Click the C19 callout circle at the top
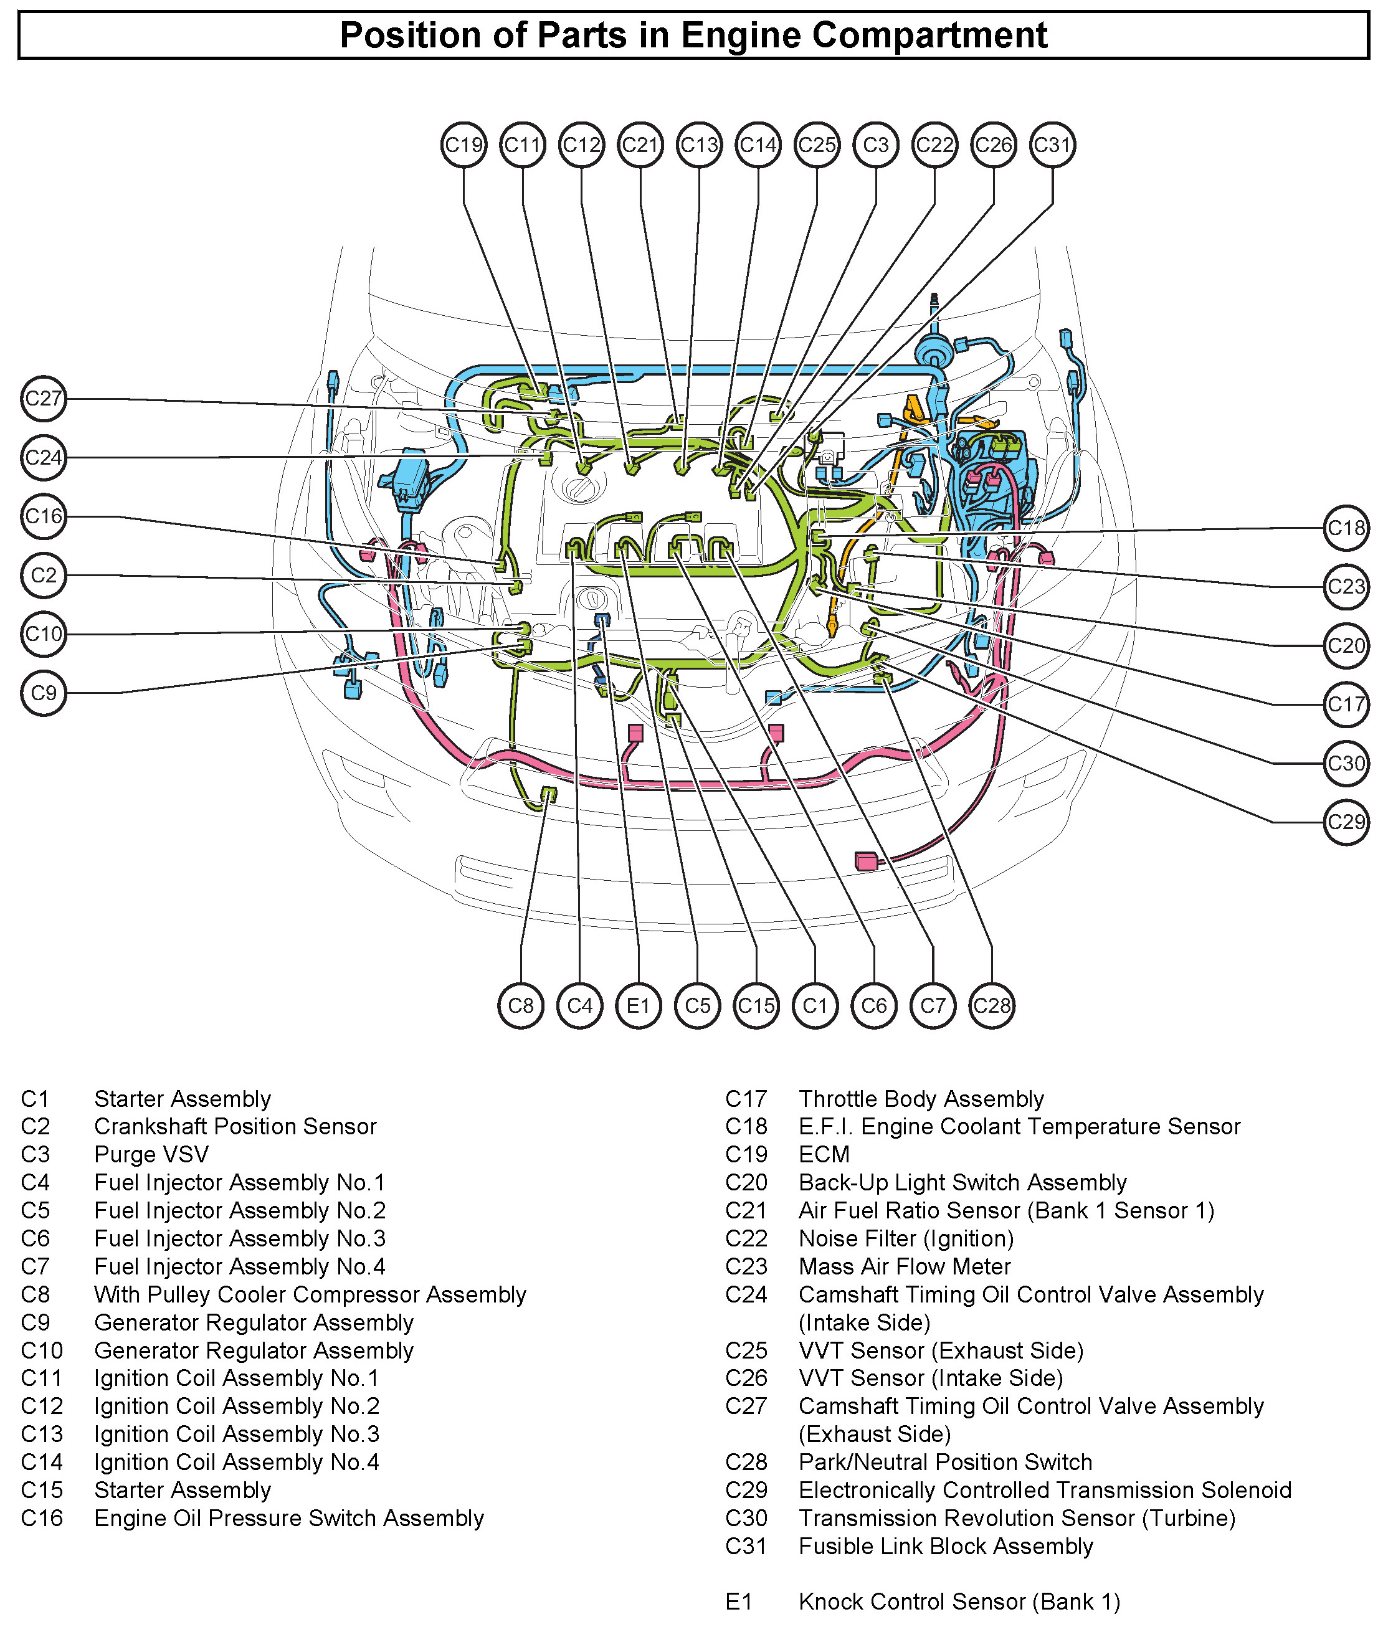[x=463, y=145]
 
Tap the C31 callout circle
[x=1052, y=145]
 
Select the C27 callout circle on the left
[x=43, y=398]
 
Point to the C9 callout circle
[x=43, y=693]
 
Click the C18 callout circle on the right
[x=1346, y=528]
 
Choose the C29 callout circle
[x=1346, y=822]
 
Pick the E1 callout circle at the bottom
[x=638, y=1006]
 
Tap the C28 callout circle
[x=992, y=1006]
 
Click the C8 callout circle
[x=521, y=1006]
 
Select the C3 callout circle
[x=876, y=145]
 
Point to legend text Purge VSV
[x=151, y=1155]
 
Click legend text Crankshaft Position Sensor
[x=235, y=1126]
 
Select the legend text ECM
[x=824, y=1155]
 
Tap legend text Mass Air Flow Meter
[x=905, y=1267]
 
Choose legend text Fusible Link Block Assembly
[x=946, y=1547]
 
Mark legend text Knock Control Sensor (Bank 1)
[x=959, y=1602]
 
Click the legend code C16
[x=42, y=1519]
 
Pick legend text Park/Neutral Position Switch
[x=946, y=1463]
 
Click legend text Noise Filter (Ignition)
[x=906, y=1238]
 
